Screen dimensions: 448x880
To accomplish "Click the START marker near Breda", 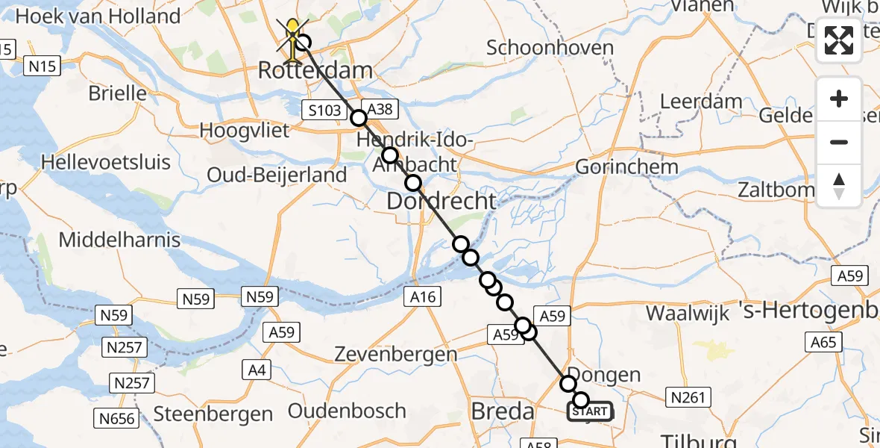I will (590, 411).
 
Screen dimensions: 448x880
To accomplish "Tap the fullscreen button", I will (839, 40).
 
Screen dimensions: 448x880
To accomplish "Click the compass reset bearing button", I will (839, 186).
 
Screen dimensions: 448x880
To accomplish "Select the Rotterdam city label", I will (315, 72).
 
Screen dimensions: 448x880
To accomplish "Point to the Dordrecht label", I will (441, 201).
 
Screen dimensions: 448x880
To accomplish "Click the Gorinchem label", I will (627, 167).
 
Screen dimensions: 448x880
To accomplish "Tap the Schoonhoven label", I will (550, 48).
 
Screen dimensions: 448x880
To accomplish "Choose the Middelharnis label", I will (120, 240).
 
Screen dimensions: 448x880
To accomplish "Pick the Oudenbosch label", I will (347, 411).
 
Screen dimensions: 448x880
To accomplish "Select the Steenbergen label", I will (213, 414).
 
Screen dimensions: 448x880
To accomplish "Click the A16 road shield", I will (423, 297).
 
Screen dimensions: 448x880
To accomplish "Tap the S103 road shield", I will (325, 111).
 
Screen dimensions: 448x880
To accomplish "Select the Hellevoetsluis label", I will (106, 162).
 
